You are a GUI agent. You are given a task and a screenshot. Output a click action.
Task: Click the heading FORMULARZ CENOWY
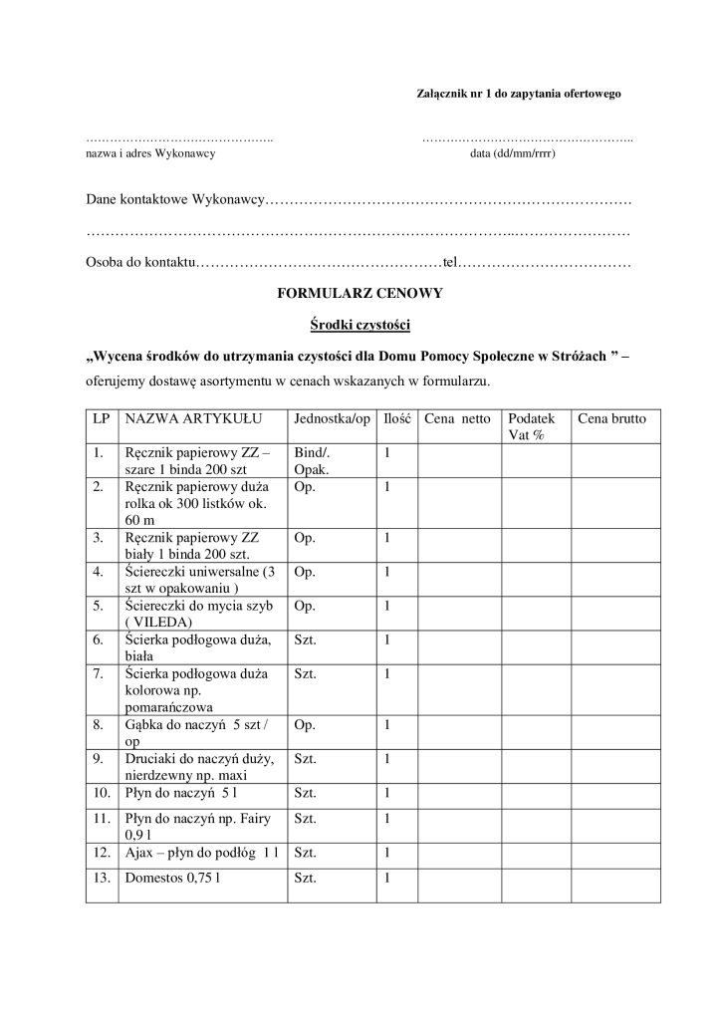coord(360,294)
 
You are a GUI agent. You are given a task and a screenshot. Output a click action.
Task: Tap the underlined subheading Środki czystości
coord(360,325)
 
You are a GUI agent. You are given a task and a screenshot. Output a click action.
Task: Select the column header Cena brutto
coord(612,419)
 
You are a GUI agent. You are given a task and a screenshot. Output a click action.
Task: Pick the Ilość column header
coord(397,419)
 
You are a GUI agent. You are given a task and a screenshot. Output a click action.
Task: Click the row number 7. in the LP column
coord(98,674)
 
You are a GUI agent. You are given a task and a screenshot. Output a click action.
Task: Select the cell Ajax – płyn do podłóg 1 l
coord(200,853)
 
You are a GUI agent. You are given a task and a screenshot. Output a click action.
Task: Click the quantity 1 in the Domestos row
coord(387,880)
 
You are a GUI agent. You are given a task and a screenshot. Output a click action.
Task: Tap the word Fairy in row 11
coord(249,819)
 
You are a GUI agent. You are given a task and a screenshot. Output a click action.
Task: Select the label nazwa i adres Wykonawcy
coord(150,154)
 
